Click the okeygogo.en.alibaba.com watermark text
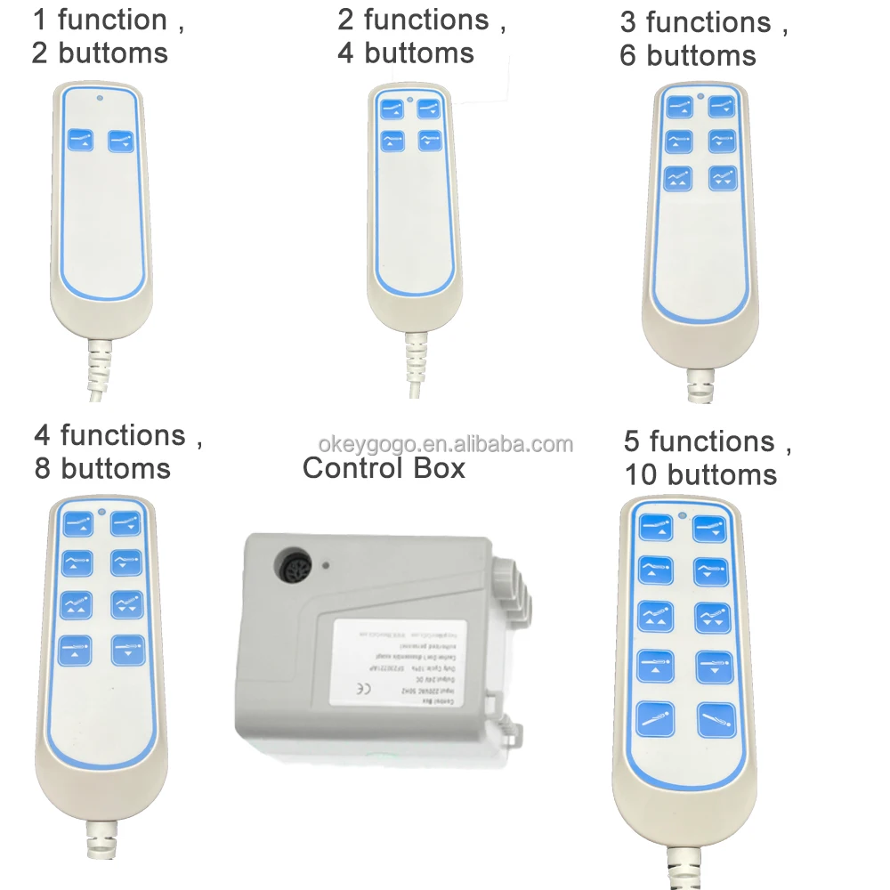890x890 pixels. (x=446, y=443)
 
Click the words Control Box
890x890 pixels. (x=384, y=468)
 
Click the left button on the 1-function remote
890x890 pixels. (x=81, y=141)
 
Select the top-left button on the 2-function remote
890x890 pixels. (x=392, y=109)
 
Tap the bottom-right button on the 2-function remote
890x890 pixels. (x=430, y=142)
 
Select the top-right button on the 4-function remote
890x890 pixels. (x=125, y=526)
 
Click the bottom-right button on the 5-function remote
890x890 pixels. (x=716, y=718)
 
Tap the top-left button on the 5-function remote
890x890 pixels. (x=655, y=530)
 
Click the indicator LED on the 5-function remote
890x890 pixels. (x=682, y=515)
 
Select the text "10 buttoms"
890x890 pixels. (x=700, y=475)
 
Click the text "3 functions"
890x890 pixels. (x=696, y=22)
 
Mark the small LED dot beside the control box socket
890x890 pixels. (x=327, y=564)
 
